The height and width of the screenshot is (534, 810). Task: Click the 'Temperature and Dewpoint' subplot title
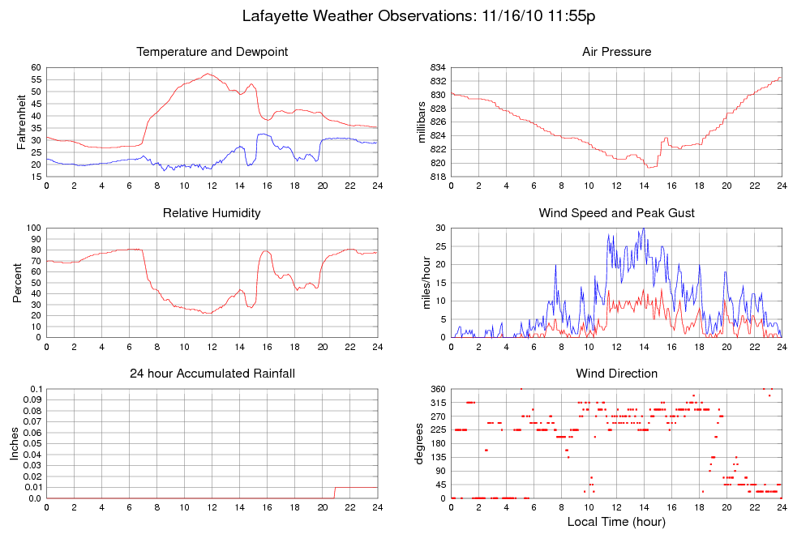[212, 52]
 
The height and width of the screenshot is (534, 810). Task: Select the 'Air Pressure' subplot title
[616, 52]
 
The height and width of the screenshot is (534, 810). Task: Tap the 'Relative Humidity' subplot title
[212, 213]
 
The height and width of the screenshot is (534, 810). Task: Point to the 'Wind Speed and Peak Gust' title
[616, 213]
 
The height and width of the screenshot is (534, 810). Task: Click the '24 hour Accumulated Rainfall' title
[212, 374]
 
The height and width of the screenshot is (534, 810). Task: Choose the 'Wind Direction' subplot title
[616, 374]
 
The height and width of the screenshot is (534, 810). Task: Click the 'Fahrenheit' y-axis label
[22, 122]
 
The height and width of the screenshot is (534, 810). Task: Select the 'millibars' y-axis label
[422, 122]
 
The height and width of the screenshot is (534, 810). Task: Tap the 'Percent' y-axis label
[17, 283]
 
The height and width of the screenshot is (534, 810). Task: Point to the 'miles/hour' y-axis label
[422, 283]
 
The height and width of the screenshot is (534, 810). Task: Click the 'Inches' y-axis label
[14, 443]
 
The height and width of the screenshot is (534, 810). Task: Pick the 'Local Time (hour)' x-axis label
[616, 522]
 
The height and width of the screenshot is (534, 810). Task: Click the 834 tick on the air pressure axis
[437, 67]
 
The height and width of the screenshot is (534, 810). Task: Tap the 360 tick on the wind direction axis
[437, 389]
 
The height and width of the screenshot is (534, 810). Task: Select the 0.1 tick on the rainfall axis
[35, 389]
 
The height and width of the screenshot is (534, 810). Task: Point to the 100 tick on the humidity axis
[33, 229]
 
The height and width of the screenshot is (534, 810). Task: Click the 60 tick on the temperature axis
[36, 67]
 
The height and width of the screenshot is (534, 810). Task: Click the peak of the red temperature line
[208, 74]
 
